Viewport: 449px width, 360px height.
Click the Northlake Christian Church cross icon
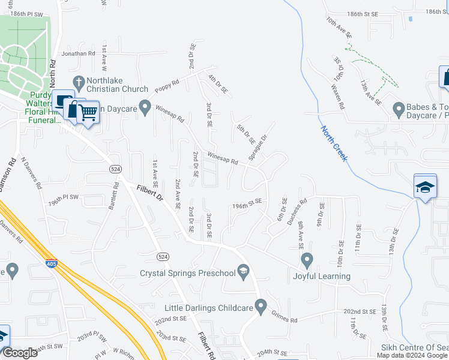(78, 82)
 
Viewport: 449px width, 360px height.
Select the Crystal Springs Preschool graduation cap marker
(243, 272)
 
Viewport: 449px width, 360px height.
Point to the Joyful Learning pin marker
(307, 260)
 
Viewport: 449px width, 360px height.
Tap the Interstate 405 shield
(52, 262)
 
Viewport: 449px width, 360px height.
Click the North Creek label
(334, 143)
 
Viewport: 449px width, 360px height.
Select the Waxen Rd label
(339, 96)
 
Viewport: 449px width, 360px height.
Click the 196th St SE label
(248, 204)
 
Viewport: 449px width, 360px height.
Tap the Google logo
(20, 353)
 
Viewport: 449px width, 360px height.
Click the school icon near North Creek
(424, 187)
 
